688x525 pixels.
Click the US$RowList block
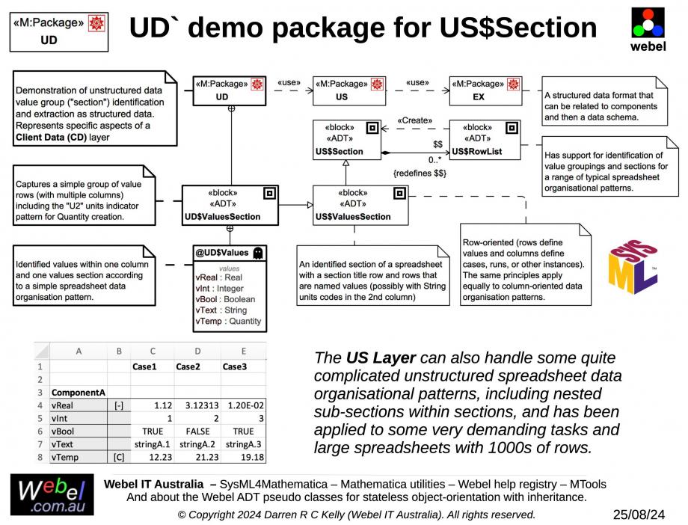pos(482,140)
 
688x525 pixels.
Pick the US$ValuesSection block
pos(360,204)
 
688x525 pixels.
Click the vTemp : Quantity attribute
pos(228,321)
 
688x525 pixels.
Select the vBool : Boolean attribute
pos(226,298)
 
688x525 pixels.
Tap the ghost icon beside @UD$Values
pos(258,253)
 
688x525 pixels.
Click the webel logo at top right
pos(648,28)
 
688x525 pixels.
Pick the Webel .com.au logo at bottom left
pos(52,495)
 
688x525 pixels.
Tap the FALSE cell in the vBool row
pos(197,432)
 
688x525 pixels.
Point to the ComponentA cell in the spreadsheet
pos(78,391)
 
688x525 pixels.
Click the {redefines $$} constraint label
pos(420,173)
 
